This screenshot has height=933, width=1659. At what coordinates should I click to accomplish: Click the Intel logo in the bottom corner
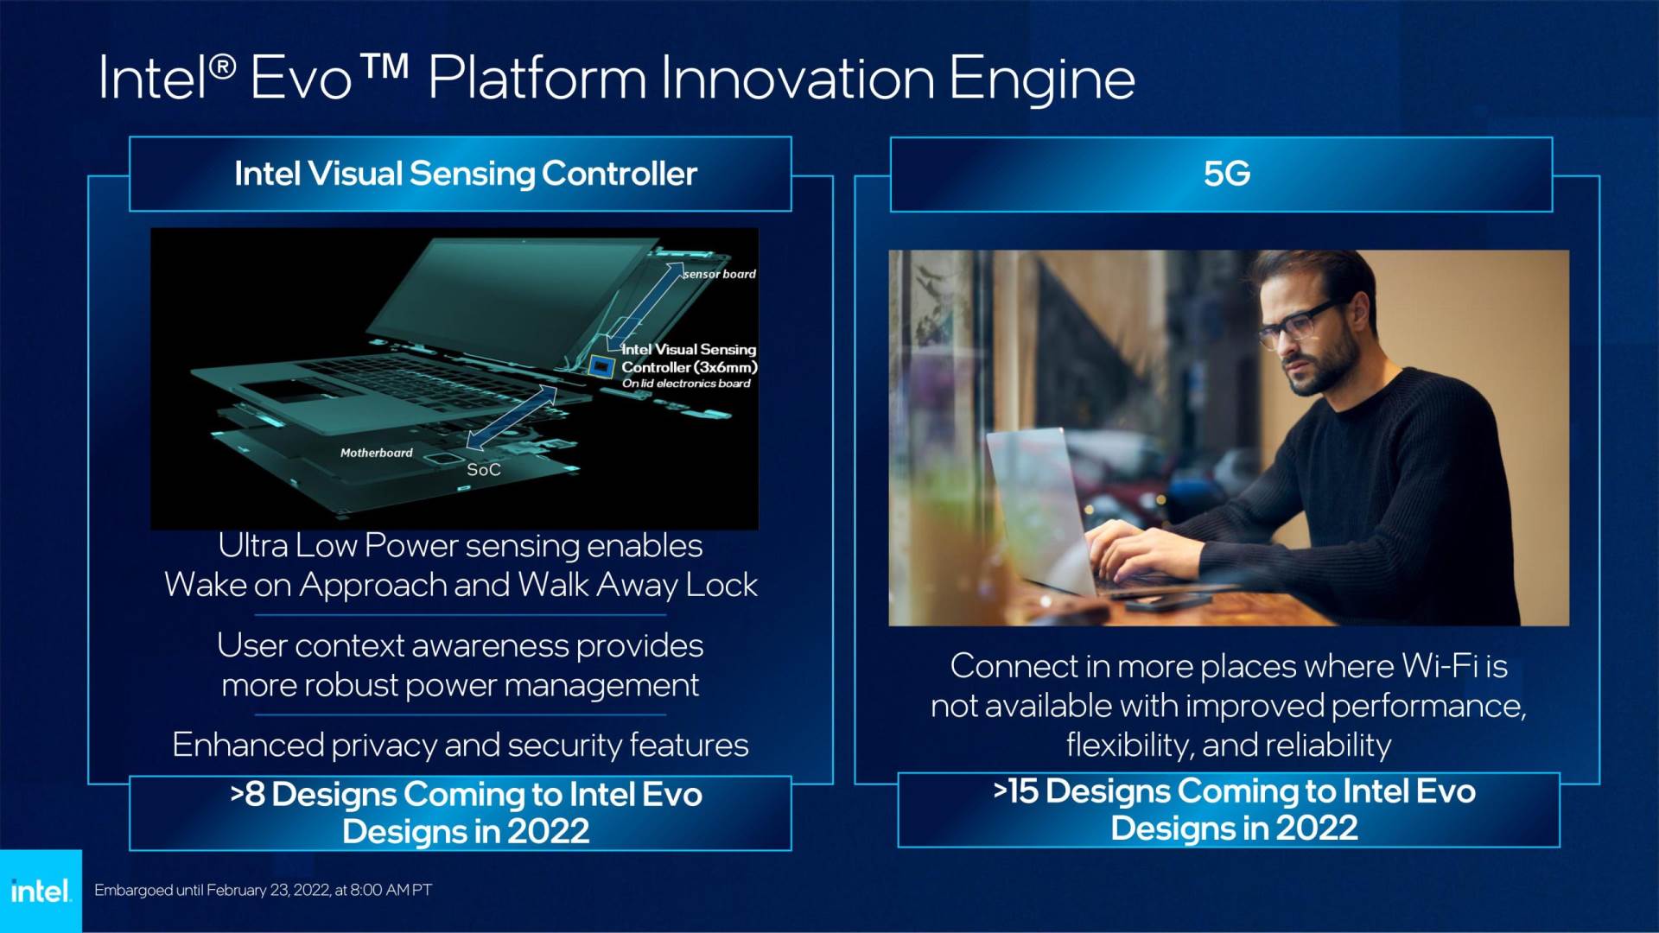(40, 891)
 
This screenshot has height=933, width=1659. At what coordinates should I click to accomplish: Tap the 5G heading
(1226, 174)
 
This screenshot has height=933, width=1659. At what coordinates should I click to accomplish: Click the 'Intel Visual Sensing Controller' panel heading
(466, 174)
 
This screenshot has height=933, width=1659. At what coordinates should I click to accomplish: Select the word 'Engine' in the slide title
(1042, 79)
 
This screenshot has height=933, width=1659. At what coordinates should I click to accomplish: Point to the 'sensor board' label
(719, 274)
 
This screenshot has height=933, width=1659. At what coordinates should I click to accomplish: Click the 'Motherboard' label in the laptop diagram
(376, 453)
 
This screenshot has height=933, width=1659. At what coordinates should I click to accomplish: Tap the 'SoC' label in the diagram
(483, 470)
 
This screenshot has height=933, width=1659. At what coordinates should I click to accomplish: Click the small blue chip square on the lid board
(601, 366)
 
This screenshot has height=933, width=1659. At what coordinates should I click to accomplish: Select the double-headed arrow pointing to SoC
(512, 417)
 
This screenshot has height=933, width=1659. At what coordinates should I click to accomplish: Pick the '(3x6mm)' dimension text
(725, 367)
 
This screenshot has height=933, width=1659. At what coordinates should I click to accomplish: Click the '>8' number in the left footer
(247, 794)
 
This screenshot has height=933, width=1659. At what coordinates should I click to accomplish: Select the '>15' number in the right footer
(1014, 790)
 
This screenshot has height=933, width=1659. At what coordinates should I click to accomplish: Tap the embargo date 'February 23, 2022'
(268, 890)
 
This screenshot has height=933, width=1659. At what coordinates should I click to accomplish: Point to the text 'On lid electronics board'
(686, 384)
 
